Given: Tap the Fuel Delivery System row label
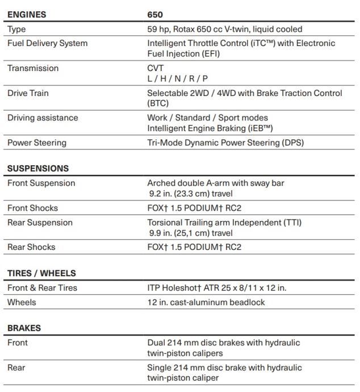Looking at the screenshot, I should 47,43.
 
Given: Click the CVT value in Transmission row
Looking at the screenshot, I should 156,68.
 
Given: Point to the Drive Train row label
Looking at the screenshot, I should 28,93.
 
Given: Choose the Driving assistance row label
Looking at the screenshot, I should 43,118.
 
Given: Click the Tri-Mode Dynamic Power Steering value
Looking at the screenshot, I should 225,143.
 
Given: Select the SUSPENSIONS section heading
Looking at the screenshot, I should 38,169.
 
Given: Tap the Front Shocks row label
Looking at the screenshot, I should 32,208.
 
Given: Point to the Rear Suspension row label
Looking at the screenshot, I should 40,223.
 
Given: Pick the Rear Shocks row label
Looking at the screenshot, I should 31,248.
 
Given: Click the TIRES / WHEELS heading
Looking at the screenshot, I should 41,273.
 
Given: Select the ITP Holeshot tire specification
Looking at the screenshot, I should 216,288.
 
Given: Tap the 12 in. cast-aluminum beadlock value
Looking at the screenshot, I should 206,303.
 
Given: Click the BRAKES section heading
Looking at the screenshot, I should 24,328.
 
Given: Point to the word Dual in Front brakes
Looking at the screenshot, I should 156,343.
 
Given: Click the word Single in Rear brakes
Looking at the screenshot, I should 159,368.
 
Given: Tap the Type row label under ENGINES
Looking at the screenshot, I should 16,29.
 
